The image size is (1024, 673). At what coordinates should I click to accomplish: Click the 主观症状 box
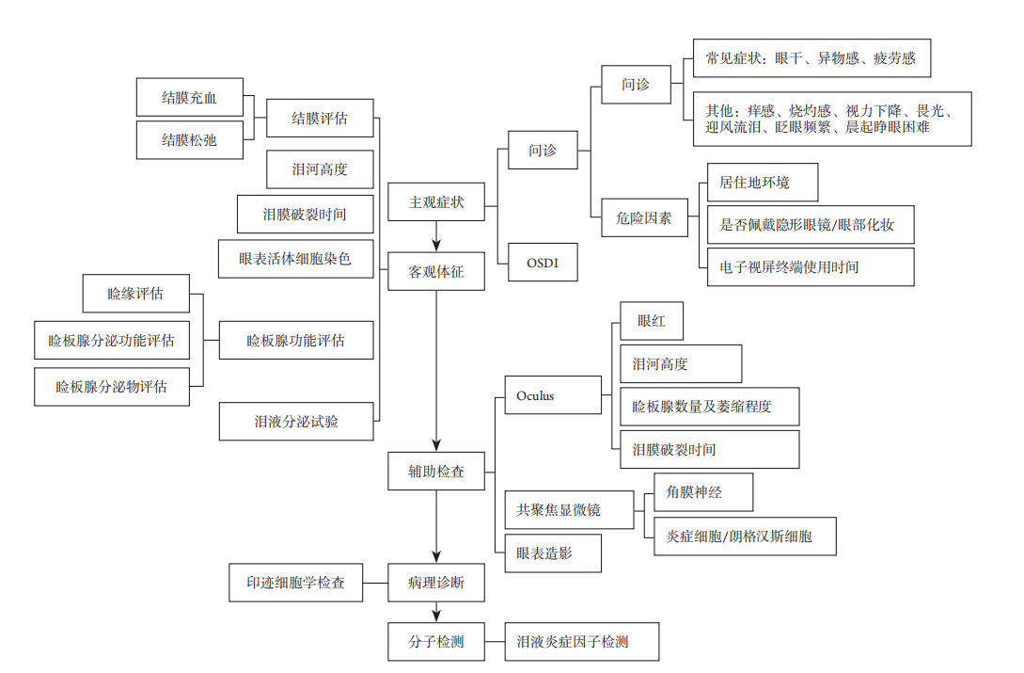436,202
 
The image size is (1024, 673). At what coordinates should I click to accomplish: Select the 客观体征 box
436,272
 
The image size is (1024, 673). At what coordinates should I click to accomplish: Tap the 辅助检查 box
436,471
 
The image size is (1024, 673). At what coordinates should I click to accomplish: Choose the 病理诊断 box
436,583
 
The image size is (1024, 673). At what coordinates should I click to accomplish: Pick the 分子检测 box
436,642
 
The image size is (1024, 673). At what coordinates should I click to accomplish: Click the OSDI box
542,263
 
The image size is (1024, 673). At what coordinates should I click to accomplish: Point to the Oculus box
553,395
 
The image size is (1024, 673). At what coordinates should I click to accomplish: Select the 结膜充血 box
189,98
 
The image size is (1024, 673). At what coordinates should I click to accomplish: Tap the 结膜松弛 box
189,139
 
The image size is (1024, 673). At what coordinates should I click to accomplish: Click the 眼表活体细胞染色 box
296,258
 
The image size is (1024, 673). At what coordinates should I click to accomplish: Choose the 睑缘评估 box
135,294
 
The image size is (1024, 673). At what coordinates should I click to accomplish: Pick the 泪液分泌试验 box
296,421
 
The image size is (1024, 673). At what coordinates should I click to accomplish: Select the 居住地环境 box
762,183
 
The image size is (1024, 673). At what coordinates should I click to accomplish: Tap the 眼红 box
651,321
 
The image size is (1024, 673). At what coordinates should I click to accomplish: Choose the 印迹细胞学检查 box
296,583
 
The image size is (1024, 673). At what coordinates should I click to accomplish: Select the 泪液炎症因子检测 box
581,642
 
